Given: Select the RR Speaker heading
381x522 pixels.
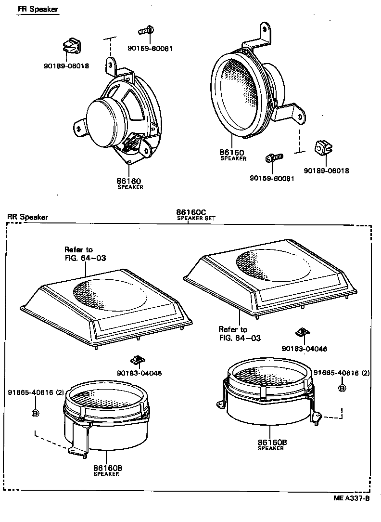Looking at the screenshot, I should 27,217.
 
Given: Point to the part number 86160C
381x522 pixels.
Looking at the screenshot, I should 191,212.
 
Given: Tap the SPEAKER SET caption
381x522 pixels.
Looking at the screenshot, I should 196,219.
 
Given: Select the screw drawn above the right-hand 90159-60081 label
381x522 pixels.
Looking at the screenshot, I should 274,157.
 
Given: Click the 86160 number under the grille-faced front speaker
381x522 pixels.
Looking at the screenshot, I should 232,152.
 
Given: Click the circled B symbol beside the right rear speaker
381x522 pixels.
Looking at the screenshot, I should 342,388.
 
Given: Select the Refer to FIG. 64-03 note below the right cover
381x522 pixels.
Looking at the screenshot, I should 239,334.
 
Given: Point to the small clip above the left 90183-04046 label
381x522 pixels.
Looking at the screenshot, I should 137,359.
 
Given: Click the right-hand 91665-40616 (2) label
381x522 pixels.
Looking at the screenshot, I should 342,373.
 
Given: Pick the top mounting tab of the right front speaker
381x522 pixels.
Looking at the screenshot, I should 264,33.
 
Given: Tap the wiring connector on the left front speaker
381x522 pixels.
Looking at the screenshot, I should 133,144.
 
